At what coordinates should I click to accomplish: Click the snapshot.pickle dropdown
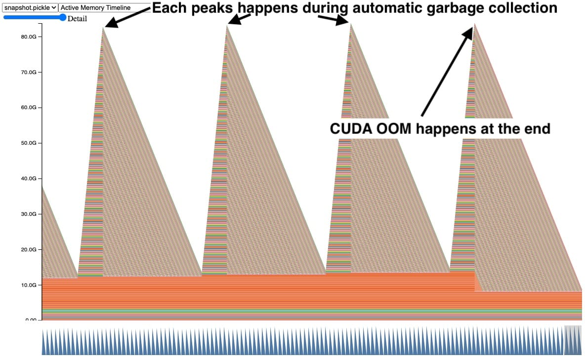(30, 8)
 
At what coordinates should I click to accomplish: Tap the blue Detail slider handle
(62, 17)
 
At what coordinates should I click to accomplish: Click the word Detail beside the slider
(77, 19)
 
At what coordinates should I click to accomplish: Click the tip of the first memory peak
(103, 28)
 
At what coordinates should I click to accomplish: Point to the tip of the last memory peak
(474, 24)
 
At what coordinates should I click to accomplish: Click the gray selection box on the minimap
(573, 340)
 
